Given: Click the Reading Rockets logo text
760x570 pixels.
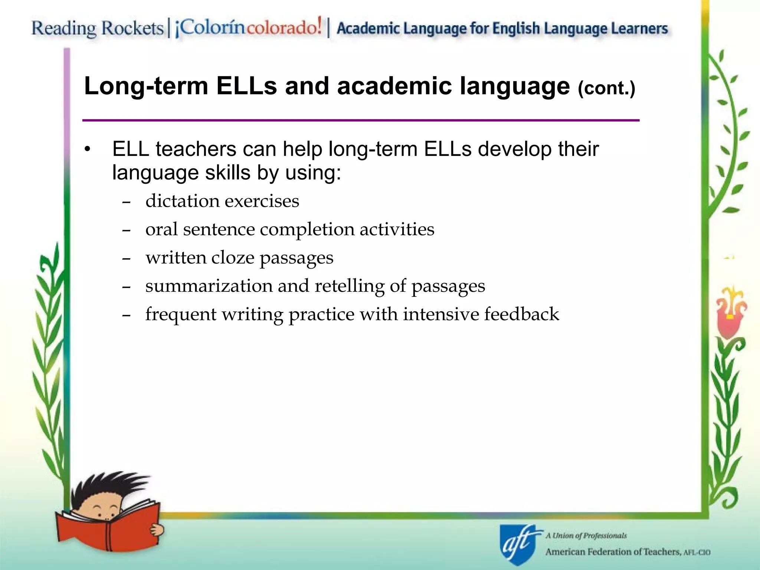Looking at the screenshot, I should point(97,29).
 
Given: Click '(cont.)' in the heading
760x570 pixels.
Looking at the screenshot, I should point(606,88).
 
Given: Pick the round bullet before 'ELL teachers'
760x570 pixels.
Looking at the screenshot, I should point(87,150).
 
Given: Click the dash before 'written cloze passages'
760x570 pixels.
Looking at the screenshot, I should point(126,258).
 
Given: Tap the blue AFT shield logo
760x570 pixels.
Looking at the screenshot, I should point(518,544).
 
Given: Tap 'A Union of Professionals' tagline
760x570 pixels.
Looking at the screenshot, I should point(586,535).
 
